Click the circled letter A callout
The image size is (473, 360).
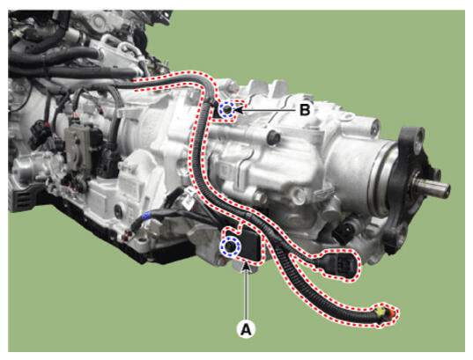pyautogui.click(x=247, y=328)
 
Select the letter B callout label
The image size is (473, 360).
pyautogui.click(x=305, y=110)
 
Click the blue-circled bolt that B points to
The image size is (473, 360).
pyautogui.click(x=228, y=110)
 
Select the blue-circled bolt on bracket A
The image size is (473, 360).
pyautogui.click(x=230, y=246)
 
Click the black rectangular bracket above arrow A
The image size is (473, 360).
pyautogui.click(x=249, y=243)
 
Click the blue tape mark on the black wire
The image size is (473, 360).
pyautogui.click(x=146, y=216)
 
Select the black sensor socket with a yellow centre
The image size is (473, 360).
pyautogui.click(x=346, y=231)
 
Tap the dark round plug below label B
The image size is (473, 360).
pyautogui.click(x=273, y=137)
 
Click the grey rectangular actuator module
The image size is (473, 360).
pyautogui.click(x=78, y=149)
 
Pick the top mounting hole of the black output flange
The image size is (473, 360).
pyautogui.click(x=417, y=135)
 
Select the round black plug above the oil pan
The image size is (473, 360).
pyautogui.click(x=119, y=209)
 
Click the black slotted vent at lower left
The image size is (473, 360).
pyautogui.click(x=23, y=197)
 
